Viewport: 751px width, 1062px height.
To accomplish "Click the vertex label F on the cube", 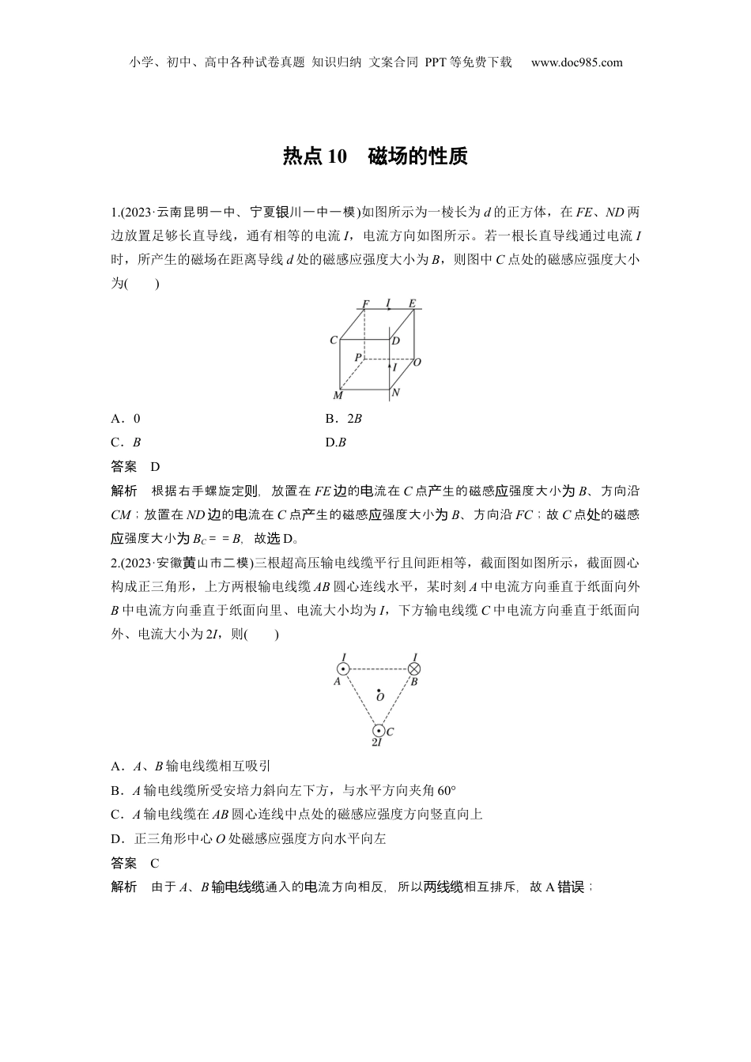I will [x=366, y=303].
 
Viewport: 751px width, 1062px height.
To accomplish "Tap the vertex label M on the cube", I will [x=338, y=395].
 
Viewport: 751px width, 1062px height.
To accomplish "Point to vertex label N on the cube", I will [x=396, y=393].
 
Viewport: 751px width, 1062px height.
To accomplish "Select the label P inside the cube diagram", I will [x=357, y=358].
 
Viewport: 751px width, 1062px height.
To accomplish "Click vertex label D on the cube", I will [x=395, y=341].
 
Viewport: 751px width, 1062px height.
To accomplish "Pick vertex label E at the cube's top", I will [x=412, y=303].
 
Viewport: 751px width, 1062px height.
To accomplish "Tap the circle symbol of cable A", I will [x=343, y=668].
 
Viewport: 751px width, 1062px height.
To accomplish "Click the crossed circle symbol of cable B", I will [x=413, y=668].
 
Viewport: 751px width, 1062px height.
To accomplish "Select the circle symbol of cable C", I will [x=379, y=731].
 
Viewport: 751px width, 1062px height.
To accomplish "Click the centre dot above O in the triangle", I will [x=379, y=689].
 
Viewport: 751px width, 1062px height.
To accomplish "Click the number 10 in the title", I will [x=337, y=156].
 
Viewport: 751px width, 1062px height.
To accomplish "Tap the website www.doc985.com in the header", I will [x=576, y=62].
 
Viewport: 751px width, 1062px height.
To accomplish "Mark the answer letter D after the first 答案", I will [x=155, y=467].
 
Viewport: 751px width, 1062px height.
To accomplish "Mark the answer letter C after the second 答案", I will [x=155, y=863].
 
